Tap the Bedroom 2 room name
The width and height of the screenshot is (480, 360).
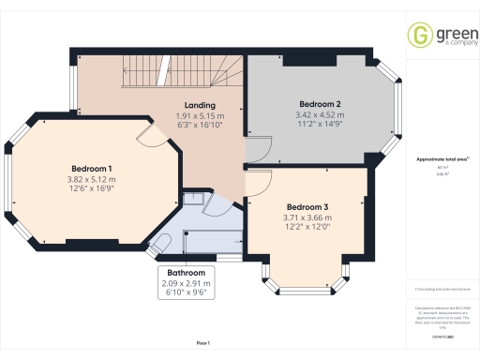[319, 103]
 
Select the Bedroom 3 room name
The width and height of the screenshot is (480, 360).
[308, 207]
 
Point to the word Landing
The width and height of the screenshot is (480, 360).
[201, 105]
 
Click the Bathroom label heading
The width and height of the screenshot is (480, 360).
[184, 273]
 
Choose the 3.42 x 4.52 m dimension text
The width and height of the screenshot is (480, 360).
[319, 113]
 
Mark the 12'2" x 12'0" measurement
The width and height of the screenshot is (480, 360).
[308, 227]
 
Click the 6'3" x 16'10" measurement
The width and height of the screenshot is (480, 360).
[201, 126]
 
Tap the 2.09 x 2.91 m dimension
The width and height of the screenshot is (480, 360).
[184, 283]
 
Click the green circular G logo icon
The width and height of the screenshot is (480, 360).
[419, 35]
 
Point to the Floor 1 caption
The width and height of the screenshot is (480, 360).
[203, 344]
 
